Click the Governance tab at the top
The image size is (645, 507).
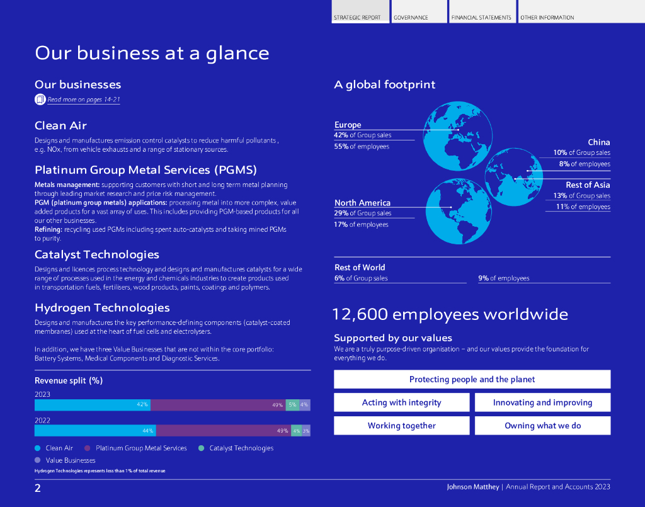(x=411, y=18)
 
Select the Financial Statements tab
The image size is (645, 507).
(x=481, y=18)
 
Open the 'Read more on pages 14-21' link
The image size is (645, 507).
(x=83, y=100)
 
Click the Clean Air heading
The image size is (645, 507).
(x=60, y=126)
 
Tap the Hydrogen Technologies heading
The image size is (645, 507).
(x=102, y=308)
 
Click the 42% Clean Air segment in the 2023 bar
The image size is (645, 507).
(x=93, y=405)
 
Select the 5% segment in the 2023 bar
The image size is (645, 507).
(x=292, y=405)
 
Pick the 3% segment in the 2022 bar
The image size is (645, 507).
(x=306, y=431)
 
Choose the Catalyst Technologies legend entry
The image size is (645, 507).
(x=241, y=448)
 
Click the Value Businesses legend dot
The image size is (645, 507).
(x=38, y=460)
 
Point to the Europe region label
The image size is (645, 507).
(x=348, y=125)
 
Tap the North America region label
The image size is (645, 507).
(x=362, y=203)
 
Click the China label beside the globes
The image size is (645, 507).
(x=598, y=142)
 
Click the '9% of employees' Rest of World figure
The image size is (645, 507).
(x=504, y=278)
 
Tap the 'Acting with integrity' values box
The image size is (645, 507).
(x=401, y=402)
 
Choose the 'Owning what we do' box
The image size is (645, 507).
(x=542, y=426)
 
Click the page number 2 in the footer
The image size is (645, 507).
(x=38, y=488)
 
